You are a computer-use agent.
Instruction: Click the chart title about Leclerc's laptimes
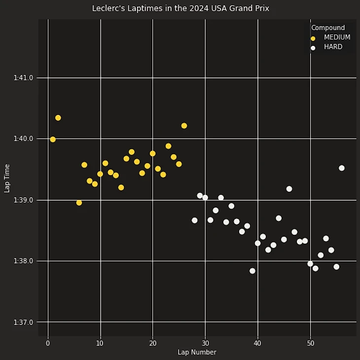pos(180,8)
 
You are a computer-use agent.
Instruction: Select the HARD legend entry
pos(333,47)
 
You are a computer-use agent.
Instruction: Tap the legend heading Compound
pos(328,28)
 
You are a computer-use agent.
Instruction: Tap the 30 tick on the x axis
pos(205,343)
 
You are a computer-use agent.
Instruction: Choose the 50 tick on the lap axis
pos(310,343)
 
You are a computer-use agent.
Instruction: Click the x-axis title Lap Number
pos(197,353)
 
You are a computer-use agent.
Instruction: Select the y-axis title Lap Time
pos(7,179)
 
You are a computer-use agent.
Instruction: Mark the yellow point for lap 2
pos(58,118)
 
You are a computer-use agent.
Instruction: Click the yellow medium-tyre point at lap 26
pos(184,126)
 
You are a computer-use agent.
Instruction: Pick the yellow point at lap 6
pos(79,203)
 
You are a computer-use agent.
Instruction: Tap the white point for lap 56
pos(342,168)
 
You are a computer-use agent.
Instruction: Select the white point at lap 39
pos(252,271)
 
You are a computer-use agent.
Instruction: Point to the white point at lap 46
pos(289,189)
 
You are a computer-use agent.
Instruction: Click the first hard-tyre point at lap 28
pos(195,220)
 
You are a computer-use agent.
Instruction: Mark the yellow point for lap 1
pos(53,140)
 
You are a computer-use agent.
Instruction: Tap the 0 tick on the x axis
pos(48,343)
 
